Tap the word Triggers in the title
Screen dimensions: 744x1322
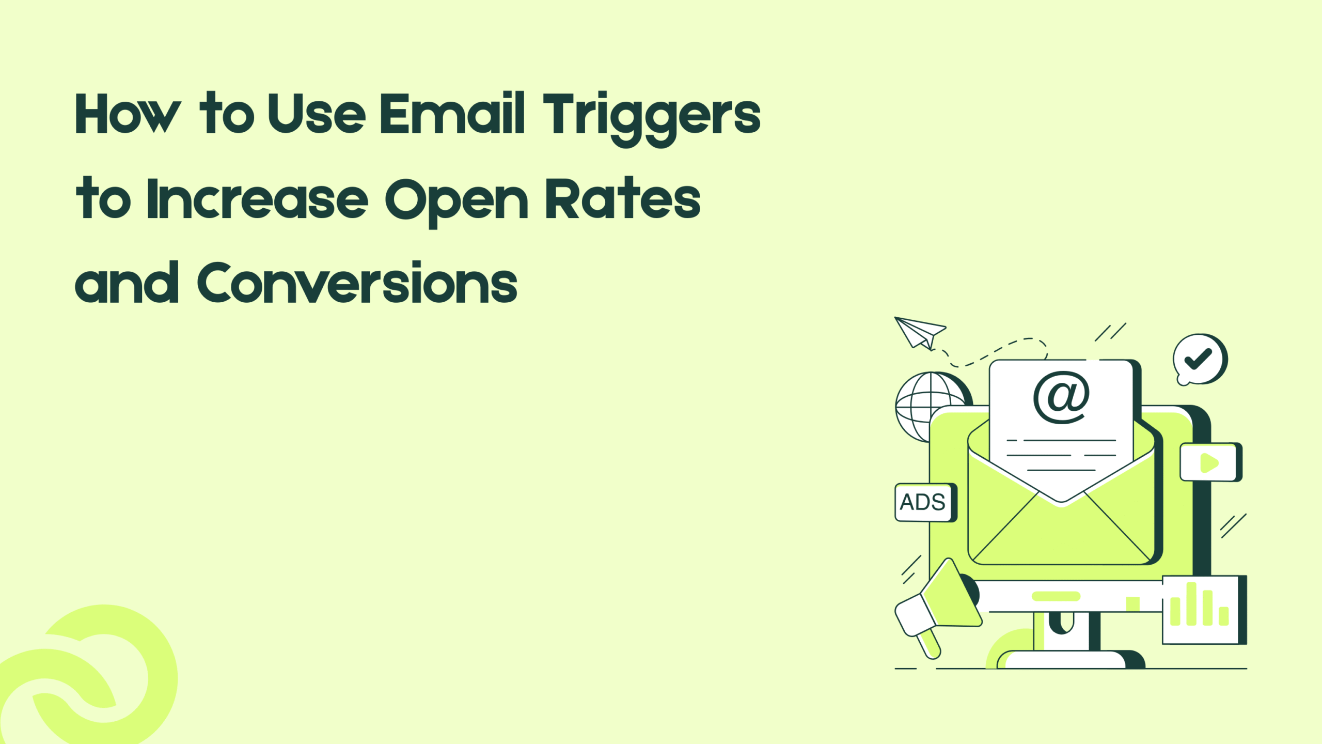point(652,116)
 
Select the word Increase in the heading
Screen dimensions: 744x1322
point(257,199)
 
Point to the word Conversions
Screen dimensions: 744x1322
point(357,283)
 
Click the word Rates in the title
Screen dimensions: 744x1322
point(623,199)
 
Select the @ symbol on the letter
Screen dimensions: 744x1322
point(1061,397)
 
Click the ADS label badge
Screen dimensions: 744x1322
point(923,502)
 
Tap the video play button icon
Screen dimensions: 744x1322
point(1209,462)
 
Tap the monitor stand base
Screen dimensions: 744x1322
point(1064,659)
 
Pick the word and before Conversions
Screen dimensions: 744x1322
point(127,283)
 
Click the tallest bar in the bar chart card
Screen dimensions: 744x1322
point(1191,604)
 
